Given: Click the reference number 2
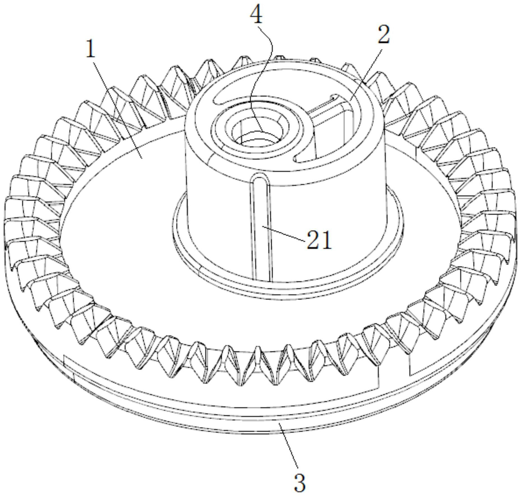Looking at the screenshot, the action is (383, 34).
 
